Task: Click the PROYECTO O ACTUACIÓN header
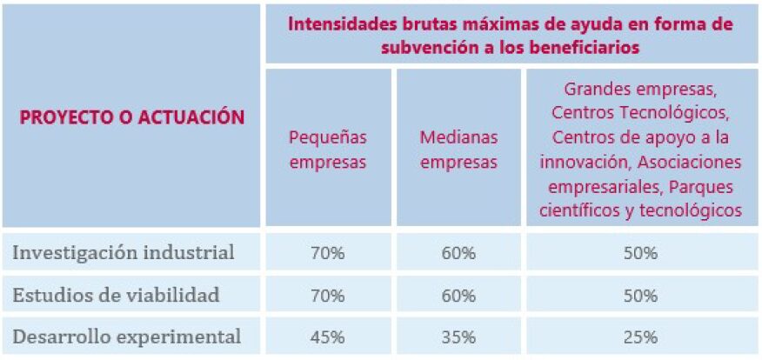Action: point(132,117)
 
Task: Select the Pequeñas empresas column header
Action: point(327,149)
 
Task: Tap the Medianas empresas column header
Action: point(458,149)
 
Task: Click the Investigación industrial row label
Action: point(124,253)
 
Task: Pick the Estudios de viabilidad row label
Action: point(116,295)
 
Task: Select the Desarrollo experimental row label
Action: point(126,336)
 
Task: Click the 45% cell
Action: point(327,337)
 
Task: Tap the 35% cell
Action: point(458,337)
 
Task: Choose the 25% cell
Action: point(640,337)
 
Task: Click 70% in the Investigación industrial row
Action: point(327,254)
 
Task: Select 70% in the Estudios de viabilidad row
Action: point(327,296)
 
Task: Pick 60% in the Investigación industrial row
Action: point(458,254)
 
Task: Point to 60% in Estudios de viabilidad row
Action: point(458,296)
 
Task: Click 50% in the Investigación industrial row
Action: point(640,254)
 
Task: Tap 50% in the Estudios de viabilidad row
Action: point(640,296)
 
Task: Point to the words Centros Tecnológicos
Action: point(640,112)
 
